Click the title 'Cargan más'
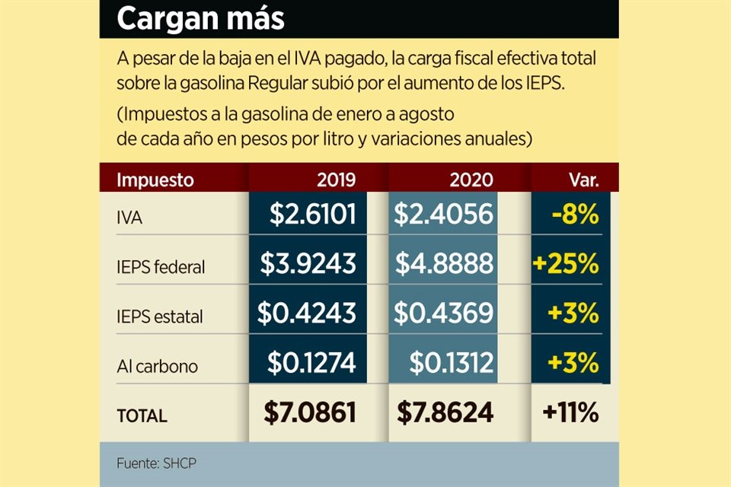tap(200, 20)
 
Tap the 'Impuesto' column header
tap(155, 180)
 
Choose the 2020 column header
tap(471, 180)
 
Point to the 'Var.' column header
tap(584, 180)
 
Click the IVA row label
tap(130, 218)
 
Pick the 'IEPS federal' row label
tap(161, 267)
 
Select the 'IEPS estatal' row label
tap(160, 317)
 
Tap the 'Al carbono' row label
tap(157, 366)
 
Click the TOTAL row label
tap(142, 415)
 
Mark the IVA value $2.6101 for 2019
tap(312, 215)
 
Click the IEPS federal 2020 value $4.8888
tap(444, 263)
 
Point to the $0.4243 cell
tap(306, 313)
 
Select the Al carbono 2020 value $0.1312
tap(451, 362)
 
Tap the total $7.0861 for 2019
tap(310, 412)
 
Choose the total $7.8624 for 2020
tap(445, 412)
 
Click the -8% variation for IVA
tap(576, 215)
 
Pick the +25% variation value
tap(566, 263)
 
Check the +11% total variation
tap(570, 412)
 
